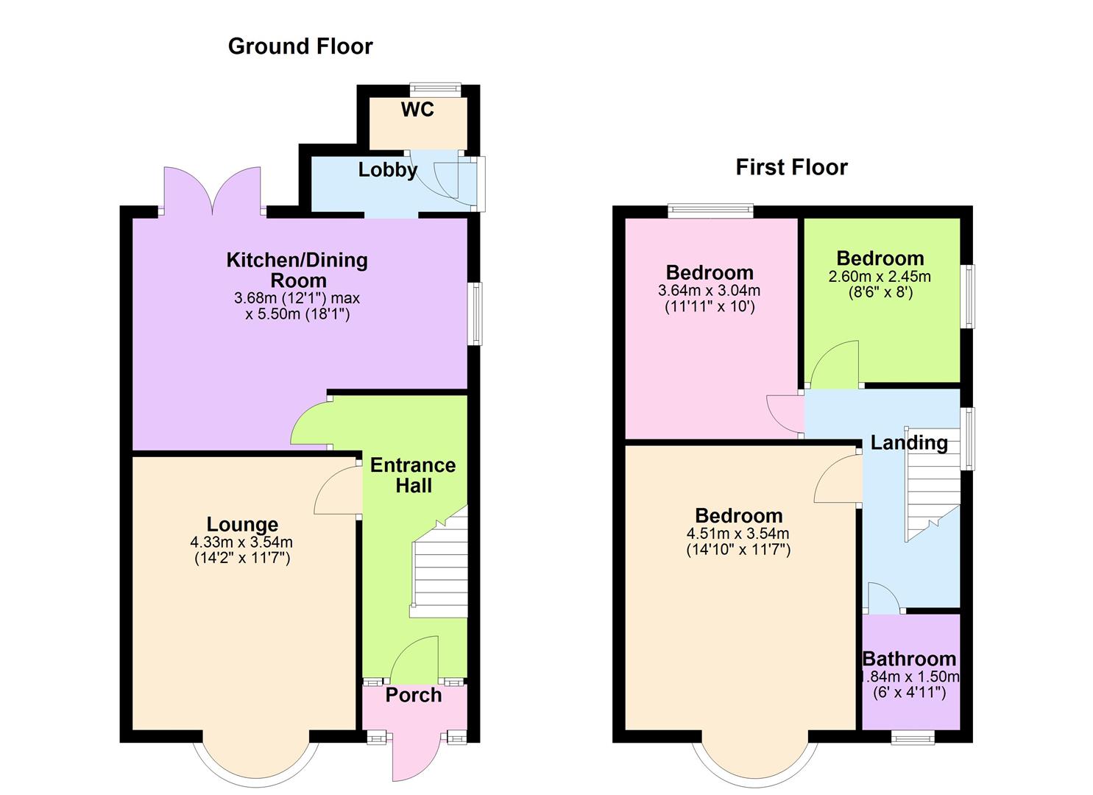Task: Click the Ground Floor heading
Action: click(x=300, y=46)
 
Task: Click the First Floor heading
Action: click(x=791, y=167)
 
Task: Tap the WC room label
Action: click(x=417, y=110)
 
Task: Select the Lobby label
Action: click(x=387, y=170)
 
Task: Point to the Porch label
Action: click(x=414, y=695)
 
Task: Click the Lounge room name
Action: click(x=242, y=524)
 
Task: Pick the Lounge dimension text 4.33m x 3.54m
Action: click(x=241, y=543)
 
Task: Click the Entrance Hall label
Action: click(x=413, y=476)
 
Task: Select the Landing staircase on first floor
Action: click(x=932, y=490)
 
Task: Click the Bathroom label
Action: click(x=909, y=659)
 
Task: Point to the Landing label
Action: click(x=909, y=442)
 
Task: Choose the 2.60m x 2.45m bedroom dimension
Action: click(x=880, y=277)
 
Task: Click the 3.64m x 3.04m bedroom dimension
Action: click(x=709, y=291)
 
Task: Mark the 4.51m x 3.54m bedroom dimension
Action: click(x=737, y=534)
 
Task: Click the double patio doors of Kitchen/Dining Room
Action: click(x=213, y=191)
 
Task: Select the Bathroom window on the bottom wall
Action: click(x=913, y=736)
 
